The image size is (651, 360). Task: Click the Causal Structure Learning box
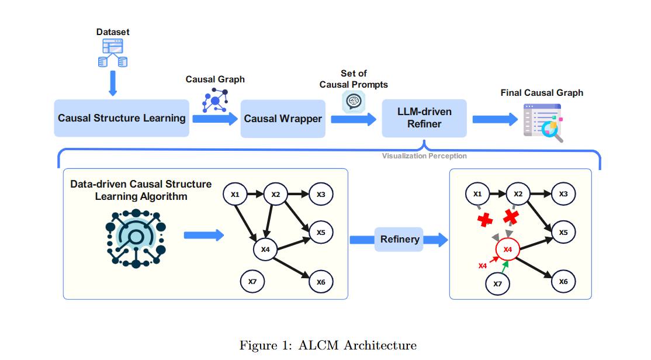point(122,118)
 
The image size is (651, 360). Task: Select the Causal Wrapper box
point(283,119)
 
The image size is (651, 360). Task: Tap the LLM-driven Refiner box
point(424,118)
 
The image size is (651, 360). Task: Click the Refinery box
point(399,239)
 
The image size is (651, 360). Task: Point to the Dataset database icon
point(113,53)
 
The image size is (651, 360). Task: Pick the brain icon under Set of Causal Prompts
point(354,102)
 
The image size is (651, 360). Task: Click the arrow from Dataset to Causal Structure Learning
point(113,84)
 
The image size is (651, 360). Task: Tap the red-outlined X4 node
point(508,250)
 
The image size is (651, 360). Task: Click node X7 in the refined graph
point(498,283)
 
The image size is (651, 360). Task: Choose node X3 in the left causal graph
point(321,194)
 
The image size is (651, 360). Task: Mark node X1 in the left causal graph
point(236,194)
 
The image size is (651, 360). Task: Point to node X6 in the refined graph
point(563,281)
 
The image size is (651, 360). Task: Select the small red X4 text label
point(483,266)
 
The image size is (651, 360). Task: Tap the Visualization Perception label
point(424,156)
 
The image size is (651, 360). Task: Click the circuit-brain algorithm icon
point(136,237)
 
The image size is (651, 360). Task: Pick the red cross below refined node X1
point(484,220)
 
